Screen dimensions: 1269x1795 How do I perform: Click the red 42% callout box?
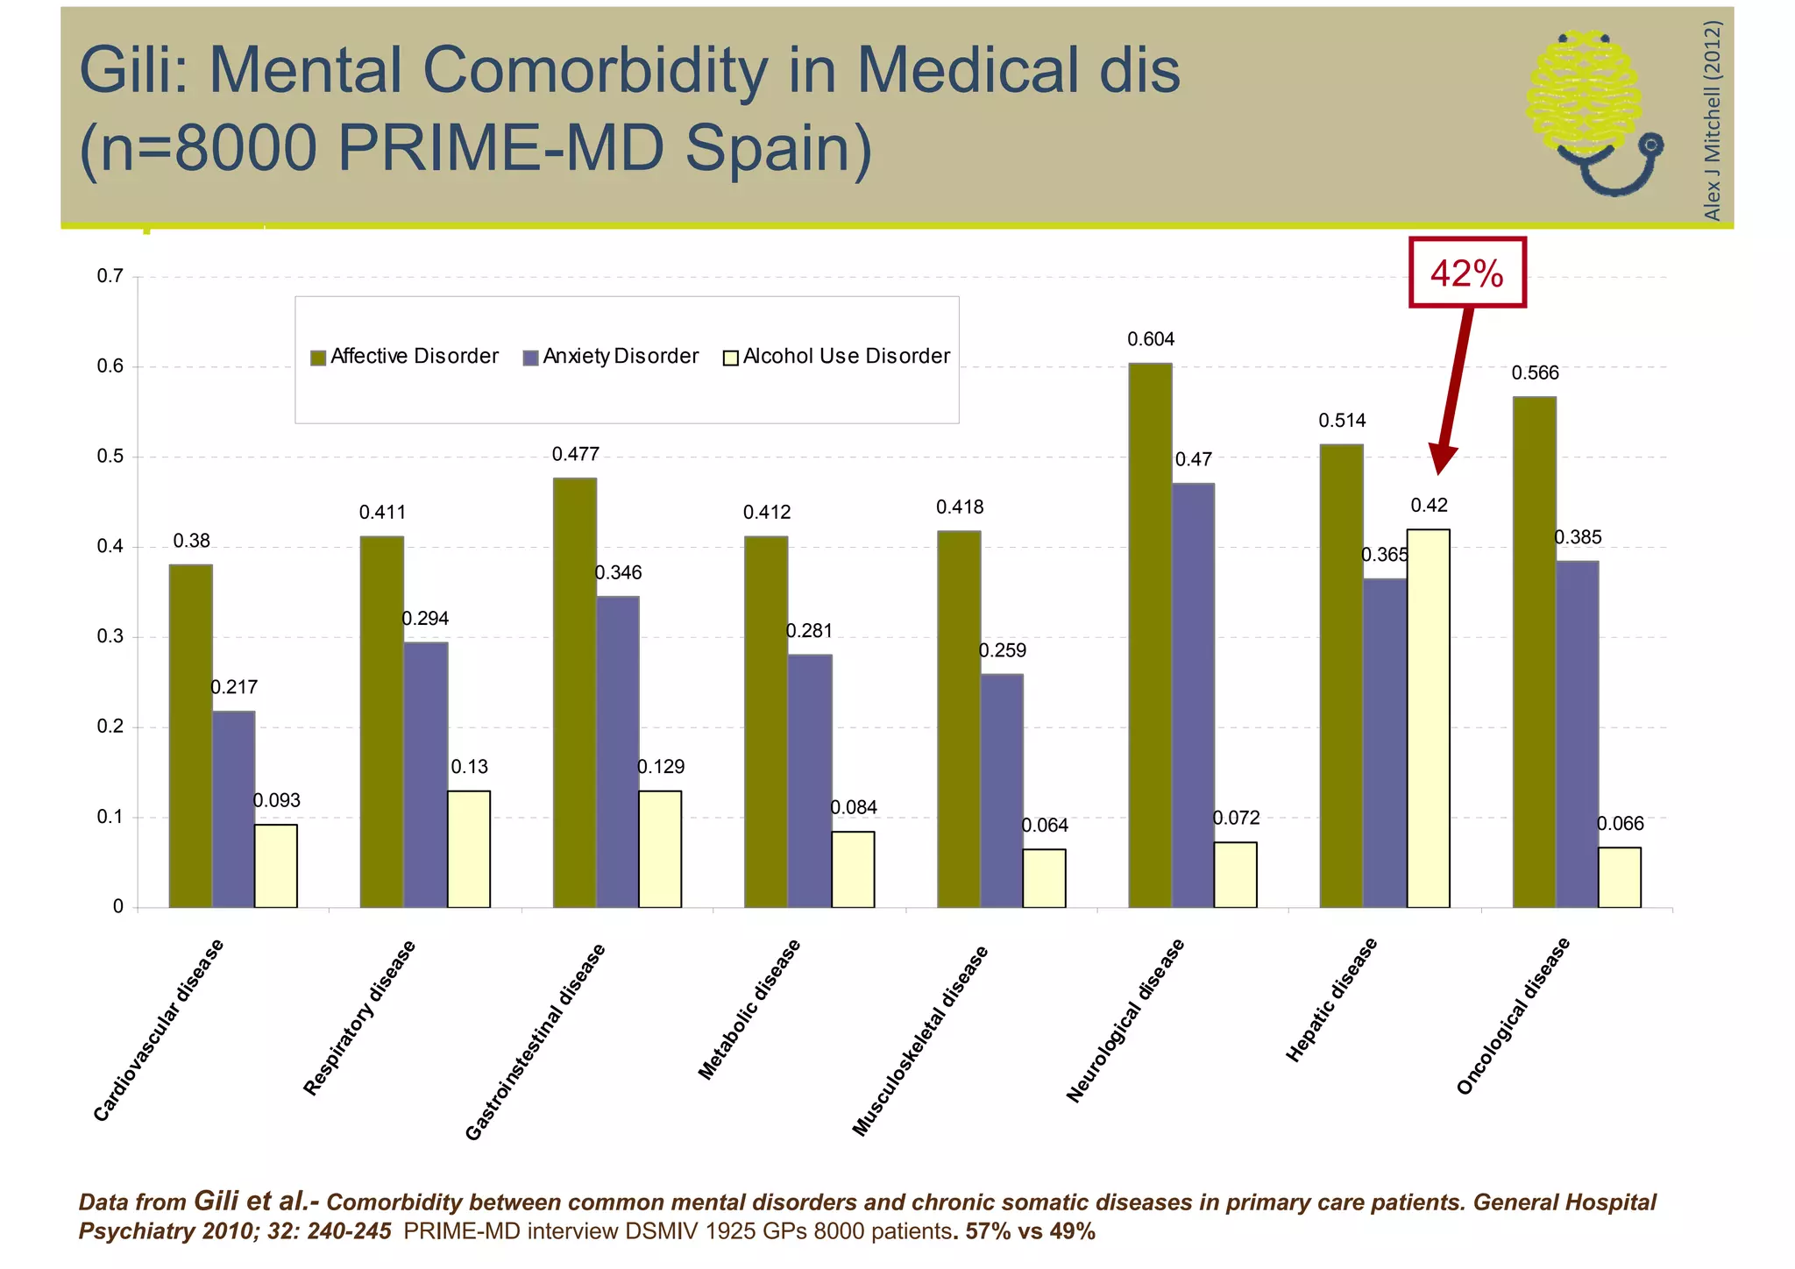pos(1467,273)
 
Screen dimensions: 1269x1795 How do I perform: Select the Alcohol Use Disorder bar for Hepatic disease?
pos(1428,718)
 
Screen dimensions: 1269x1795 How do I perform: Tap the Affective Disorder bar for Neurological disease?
pos(1150,634)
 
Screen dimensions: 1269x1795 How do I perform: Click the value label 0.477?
pos(575,454)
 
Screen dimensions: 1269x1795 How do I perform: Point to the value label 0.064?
pos(1045,826)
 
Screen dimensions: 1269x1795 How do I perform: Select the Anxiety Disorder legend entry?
pos(611,357)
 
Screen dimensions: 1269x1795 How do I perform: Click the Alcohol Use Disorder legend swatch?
pos(730,358)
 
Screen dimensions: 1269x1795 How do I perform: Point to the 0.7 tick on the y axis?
pos(110,277)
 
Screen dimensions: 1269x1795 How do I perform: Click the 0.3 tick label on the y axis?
pos(110,637)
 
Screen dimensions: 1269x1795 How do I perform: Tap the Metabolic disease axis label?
pos(749,1009)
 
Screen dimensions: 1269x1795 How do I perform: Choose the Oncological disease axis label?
pos(1513,1016)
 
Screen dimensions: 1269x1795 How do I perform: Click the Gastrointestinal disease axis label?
pos(535,1042)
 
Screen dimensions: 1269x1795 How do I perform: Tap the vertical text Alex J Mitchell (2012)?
pos(1712,120)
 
